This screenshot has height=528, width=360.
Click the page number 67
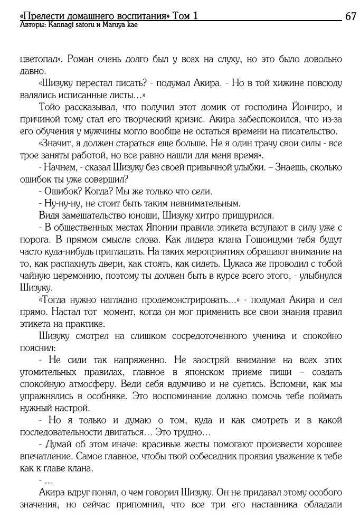tap(351, 15)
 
